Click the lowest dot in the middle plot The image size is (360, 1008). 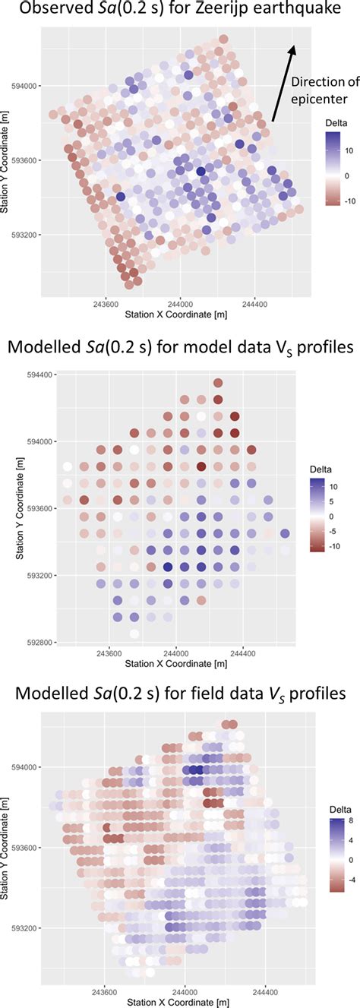(134, 634)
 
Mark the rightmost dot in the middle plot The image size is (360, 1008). (285, 533)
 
